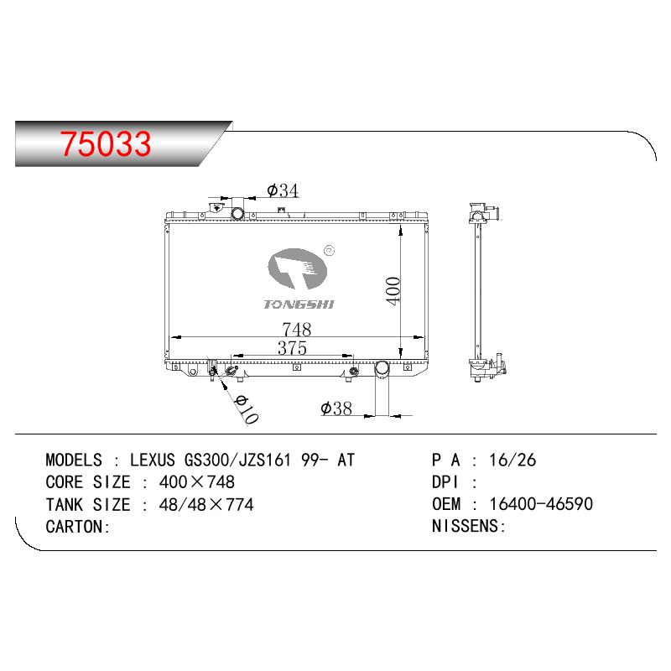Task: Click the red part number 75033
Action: click(106, 143)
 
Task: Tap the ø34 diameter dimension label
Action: click(283, 190)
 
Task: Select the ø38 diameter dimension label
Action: click(336, 408)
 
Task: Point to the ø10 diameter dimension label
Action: click(247, 409)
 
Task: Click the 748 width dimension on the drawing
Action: click(297, 330)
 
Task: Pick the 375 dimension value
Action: click(292, 348)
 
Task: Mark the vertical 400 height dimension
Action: click(393, 291)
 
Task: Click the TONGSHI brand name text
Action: click(299, 304)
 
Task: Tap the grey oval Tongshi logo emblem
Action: click(298, 269)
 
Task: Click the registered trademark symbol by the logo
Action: click(330, 251)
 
